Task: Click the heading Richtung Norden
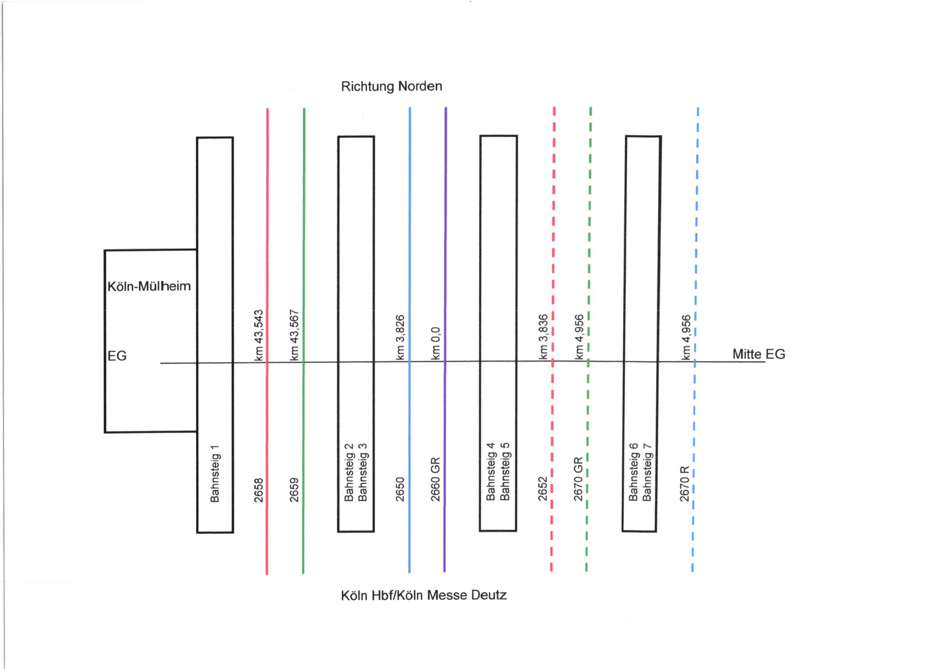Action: [x=391, y=86]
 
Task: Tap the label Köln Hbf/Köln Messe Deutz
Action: [x=424, y=595]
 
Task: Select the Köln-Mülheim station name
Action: [x=149, y=287]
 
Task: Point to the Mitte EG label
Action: [x=758, y=354]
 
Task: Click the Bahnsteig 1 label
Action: [x=215, y=474]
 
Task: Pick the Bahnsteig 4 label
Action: [x=491, y=472]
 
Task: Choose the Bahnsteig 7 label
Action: [x=647, y=472]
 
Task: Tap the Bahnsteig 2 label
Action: [x=349, y=472]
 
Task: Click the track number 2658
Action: [x=259, y=490]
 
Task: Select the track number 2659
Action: [x=295, y=490]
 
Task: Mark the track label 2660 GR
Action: [x=436, y=479]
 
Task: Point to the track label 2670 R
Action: [x=684, y=483]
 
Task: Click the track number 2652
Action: [x=543, y=489]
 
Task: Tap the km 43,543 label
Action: [x=259, y=335]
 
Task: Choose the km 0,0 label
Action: [x=436, y=343]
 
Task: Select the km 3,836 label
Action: [x=543, y=337]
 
